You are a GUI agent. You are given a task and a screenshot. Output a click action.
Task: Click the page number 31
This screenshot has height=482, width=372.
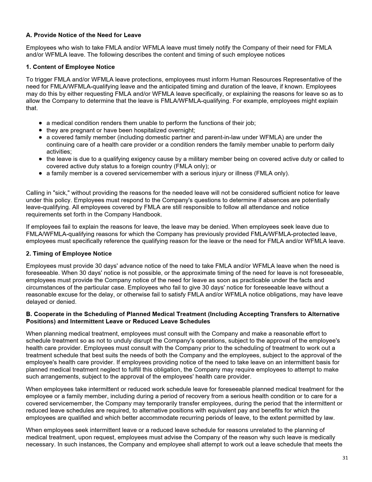345,458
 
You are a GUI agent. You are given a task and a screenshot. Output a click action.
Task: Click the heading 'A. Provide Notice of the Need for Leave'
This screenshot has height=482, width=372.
83,35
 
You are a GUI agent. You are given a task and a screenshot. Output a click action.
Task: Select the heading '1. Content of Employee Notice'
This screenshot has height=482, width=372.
70,67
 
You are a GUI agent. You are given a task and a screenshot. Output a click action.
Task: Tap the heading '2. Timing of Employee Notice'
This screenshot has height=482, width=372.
69,254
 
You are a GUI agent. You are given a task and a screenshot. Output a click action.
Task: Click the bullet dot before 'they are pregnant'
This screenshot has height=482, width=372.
40,130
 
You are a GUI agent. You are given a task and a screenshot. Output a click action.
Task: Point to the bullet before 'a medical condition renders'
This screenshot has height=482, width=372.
40,123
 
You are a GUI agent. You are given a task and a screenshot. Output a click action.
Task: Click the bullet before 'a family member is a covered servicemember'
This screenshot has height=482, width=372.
40,173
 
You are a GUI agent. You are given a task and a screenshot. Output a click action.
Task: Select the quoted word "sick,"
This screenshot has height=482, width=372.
60,193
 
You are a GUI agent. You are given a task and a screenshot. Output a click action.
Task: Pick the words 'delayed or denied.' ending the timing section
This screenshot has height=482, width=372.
51,302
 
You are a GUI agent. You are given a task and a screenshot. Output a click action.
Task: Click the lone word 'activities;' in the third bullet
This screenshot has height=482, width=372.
59,152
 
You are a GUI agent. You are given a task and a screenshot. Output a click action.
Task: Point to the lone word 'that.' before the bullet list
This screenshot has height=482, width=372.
32,108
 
